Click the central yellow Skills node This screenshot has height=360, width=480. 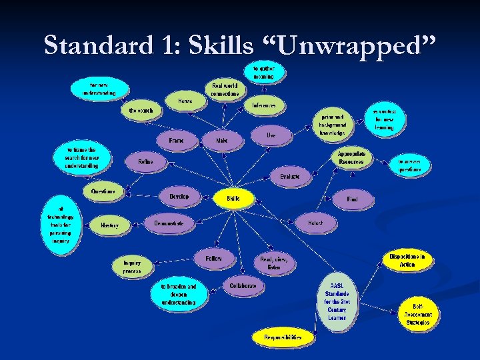(233, 198)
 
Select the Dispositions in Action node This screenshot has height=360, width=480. (407, 260)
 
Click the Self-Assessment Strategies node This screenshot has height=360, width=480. (418, 314)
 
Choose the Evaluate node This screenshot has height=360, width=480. (290, 177)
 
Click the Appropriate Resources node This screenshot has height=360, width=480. (351, 158)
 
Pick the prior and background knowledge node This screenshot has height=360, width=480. (333, 124)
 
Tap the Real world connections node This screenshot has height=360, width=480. (225, 89)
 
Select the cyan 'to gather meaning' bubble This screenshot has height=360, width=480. (263, 72)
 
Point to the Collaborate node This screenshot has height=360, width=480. (243, 285)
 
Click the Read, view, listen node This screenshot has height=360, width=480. (273, 263)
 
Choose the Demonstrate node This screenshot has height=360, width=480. (169, 223)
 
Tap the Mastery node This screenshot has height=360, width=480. (110, 226)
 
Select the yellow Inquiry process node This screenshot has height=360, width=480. (132, 267)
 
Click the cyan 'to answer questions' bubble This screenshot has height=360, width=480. (410, 165)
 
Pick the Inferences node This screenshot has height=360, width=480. (264, 105)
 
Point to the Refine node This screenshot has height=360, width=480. (145, 162)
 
